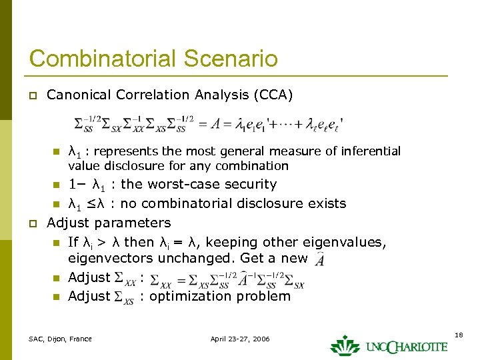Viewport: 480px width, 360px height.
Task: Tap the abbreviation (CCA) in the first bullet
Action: point(272,95)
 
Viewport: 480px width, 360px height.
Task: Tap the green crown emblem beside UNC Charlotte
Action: point(345,345)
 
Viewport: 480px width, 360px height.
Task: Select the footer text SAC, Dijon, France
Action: point(60,339)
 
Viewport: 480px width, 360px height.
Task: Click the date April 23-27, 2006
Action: point(240,339)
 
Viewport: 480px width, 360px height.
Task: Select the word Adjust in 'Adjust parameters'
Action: point(69,223)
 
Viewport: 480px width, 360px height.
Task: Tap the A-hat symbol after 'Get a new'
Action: point(320,257)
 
